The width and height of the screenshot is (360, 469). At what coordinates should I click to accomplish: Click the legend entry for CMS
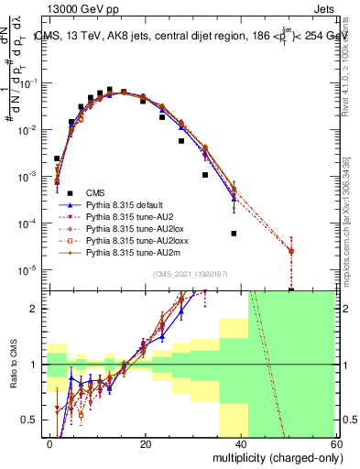[x=95, y=192]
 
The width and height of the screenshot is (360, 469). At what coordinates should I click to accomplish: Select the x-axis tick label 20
[x=146, y=443]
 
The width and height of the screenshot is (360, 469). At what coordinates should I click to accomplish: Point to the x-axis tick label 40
[x=240, y=443]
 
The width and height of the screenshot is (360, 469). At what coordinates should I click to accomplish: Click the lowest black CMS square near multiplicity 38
[x=235, y=234]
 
